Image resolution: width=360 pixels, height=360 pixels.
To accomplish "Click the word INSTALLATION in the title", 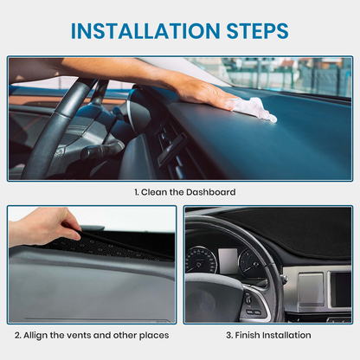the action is coord(145,30).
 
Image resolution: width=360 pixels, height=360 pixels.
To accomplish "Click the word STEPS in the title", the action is coord(257,30).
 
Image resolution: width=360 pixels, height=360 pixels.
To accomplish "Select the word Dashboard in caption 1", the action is coord(210,192).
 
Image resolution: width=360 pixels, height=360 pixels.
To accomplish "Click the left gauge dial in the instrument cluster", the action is coord(201,260).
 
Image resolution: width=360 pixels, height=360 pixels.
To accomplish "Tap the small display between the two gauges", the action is coord(228,260).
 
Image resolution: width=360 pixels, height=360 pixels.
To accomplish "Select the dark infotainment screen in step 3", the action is coord(341,289).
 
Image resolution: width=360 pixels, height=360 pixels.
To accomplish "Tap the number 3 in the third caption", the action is coord(229,335).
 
